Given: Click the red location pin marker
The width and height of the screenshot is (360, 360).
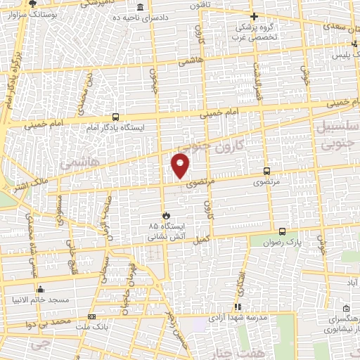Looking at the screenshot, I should point(181,165).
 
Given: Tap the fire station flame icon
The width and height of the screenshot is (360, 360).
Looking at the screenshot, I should point(166,214).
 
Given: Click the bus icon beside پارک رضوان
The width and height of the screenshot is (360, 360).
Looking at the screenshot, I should point(282,231).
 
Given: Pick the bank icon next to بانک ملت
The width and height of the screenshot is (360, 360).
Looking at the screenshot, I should point(91,317).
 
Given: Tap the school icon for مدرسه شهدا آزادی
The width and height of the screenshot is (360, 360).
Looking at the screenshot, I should point(237,307).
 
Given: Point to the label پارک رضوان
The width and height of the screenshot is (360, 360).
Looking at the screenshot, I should point(307,241).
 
